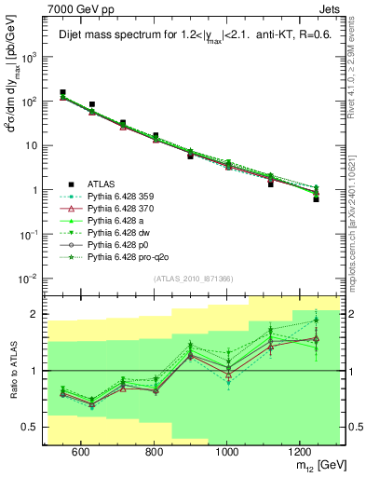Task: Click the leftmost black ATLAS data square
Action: tap(62, 93)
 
